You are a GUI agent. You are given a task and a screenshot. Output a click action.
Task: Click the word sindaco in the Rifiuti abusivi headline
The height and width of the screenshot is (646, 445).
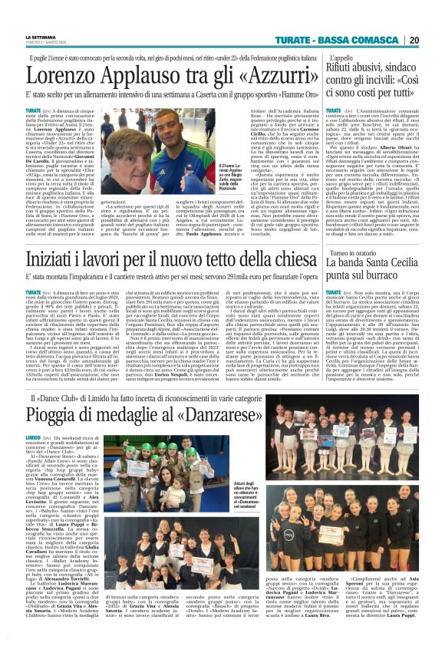coord(402,71)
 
